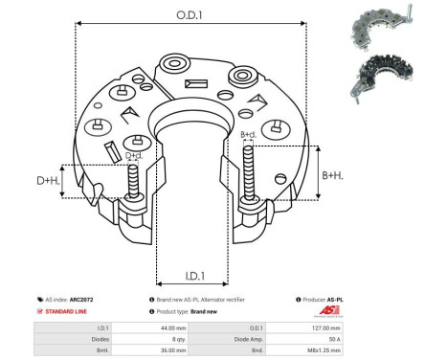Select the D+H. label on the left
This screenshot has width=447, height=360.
click(48, 180)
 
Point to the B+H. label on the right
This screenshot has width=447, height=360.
click(331, 175)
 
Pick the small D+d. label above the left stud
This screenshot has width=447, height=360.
click(134, 155)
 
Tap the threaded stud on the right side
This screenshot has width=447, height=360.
click(250, 172)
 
